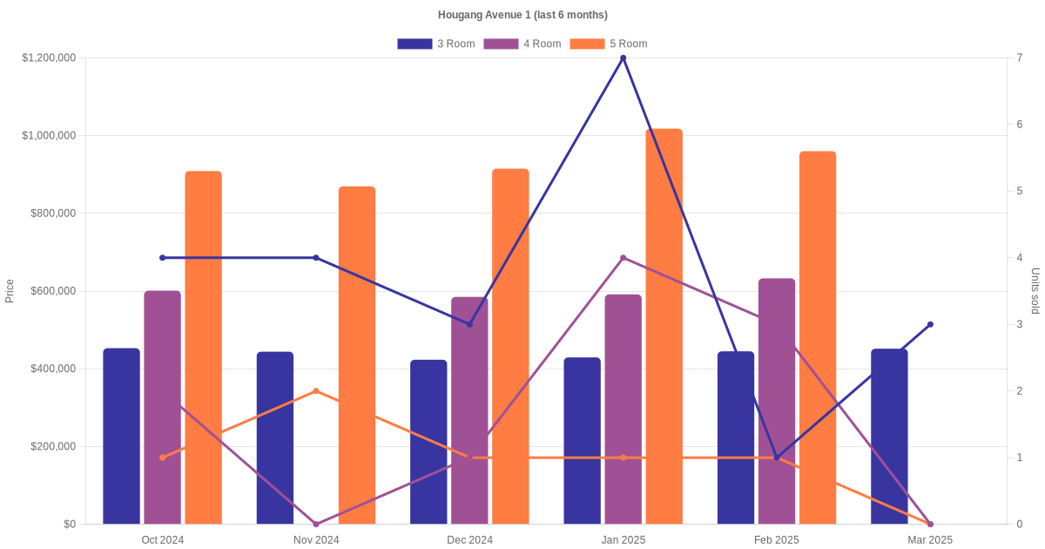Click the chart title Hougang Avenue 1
(x=522, y=15)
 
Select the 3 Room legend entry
(x=435, y=44)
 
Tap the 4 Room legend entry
(x=522, y=44)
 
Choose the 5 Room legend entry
(x=608, y=44)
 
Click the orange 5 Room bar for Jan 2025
(x=664, y=326)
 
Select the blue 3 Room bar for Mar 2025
(x=889, y=436)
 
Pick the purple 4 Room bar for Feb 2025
(x=777, y=401)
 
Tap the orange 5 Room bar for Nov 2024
(x=357, y=355)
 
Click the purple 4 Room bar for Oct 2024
(x=162, y=407)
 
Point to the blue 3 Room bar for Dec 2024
(x=428, y=442)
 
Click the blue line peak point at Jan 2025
(x=623, y=58)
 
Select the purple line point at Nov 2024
(x=316, y=524)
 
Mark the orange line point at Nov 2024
(x=316, y=391)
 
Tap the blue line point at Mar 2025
(x=930, y=324)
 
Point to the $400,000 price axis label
(x=52, y=369)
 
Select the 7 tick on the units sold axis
(x=1020, y=58)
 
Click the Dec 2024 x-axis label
(x=469, y=540)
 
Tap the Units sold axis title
(x=1035, y=291)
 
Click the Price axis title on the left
(x=10, y=291)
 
